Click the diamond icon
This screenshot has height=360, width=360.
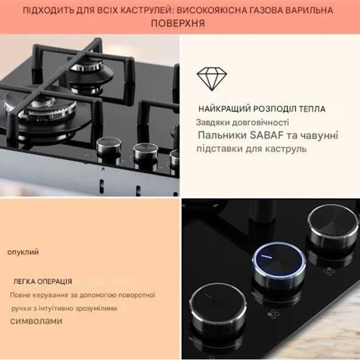212,78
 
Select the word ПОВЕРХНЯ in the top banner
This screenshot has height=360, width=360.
178,23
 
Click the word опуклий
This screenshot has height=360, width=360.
23,252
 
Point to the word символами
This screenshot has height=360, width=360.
36,321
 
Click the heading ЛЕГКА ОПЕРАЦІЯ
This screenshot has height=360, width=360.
43,281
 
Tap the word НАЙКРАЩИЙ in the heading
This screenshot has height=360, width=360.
224,109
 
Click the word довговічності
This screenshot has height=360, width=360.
260,122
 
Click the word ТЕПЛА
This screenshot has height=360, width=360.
312,109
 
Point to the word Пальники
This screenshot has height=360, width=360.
222,135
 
